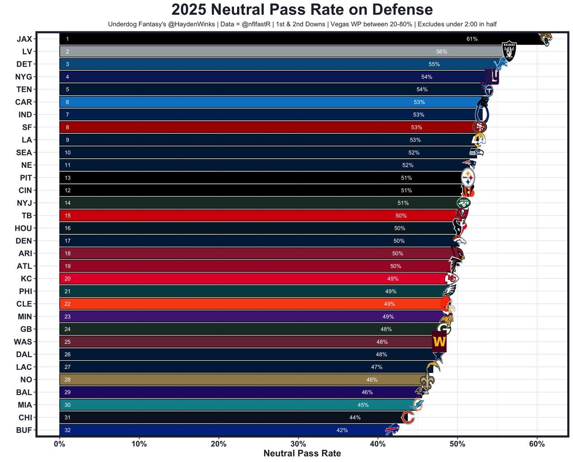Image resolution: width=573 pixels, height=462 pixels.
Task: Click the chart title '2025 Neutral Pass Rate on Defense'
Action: (x=302, y=10)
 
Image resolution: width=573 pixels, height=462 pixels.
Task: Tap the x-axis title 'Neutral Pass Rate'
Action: (x=302, y=454)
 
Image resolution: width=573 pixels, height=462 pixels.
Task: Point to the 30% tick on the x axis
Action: (x=298, y=444)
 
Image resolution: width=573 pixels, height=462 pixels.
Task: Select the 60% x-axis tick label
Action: (x=537, y=444)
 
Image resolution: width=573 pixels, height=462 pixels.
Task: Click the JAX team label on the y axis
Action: (x=24, y=39)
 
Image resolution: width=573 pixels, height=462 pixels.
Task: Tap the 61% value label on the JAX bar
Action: (x=472, y=39)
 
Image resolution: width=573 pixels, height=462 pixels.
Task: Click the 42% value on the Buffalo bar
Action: (x=342, y=430)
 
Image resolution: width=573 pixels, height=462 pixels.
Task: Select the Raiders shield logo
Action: (x=509, y=51)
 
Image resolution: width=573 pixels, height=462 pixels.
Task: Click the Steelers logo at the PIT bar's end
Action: (x=468, y=178)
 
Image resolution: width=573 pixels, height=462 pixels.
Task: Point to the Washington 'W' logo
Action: (x=439, y=342)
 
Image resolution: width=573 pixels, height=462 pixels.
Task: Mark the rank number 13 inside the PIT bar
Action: (x=68, y=178)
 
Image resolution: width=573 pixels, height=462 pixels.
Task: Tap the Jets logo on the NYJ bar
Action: (x=463, y=203)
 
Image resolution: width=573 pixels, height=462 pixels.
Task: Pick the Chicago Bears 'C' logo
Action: (x=408, y=418)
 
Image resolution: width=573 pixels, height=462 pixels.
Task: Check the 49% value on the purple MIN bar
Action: (x=388, y=317)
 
